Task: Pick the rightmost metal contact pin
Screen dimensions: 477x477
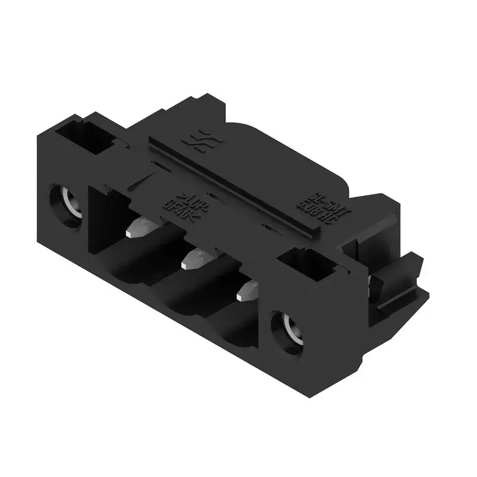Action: point(247,290)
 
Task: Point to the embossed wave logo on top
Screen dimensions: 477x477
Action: point(199,142)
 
